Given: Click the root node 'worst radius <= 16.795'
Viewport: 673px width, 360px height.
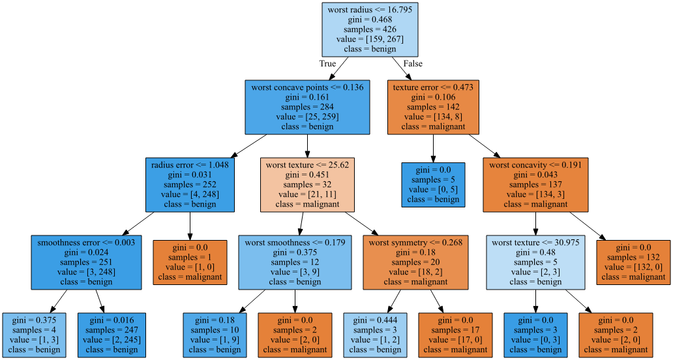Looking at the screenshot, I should point(369,29).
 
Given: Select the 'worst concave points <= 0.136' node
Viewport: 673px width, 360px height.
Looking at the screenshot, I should point(307,106).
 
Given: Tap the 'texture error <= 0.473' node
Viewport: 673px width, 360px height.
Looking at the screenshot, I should point(433,106).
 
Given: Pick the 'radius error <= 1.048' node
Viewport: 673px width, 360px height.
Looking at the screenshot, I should point(189,185).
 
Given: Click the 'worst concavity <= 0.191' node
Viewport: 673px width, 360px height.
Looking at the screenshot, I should point(535,185).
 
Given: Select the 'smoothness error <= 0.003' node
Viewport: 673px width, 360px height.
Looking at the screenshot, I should point(86,262).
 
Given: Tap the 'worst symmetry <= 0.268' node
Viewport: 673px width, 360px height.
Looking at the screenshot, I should point(415,262).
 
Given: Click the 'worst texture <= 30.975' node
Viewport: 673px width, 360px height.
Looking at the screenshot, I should point(535,262).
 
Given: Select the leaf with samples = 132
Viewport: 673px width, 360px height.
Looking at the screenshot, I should point(633,262).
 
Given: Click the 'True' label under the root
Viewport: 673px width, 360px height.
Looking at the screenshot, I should point(327,64).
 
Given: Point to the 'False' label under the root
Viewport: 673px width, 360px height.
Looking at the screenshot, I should point(413,64).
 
